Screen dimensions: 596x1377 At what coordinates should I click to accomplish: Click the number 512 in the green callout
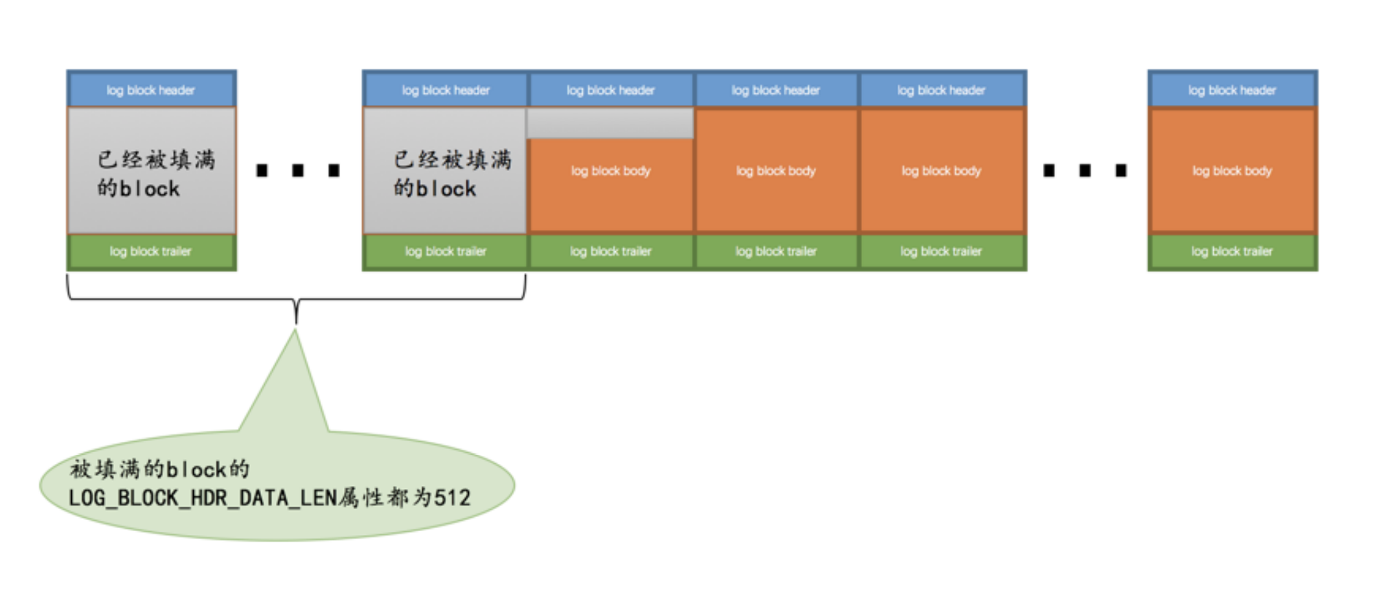(x=452, y=498)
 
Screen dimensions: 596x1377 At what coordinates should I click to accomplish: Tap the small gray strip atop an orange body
(x=610, y=123)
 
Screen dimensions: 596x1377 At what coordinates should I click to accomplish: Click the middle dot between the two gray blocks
(x=298, y=170)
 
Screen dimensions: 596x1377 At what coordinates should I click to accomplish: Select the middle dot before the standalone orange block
(x=1085, y=170)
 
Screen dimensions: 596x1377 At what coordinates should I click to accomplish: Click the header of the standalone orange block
(x=1232, y=90)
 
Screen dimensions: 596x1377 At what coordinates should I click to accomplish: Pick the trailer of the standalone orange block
(x=1232, y=251)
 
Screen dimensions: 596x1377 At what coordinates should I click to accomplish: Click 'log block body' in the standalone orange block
(x=1232, y=171)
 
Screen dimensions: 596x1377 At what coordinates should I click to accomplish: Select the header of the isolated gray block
(x=151, y=90)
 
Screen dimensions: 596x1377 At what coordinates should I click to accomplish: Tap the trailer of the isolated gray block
(x=151, y=251)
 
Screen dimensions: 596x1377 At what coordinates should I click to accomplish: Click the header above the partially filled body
(x=610, y=90)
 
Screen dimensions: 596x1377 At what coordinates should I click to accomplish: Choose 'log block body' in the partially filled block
(x=610, y=171)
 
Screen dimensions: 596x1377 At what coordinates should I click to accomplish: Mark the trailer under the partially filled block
(x=610, y=251)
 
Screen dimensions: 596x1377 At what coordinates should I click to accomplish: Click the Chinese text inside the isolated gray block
(x=155, y=173)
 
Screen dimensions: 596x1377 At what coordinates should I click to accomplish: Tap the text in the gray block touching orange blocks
(x=451, y=173)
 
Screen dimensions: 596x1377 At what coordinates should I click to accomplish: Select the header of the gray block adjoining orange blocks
(x=446, y=90)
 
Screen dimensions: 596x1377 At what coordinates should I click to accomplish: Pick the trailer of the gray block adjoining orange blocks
(x=446, y=251)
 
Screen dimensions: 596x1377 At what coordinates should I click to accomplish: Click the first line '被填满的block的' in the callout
(x=159, y=468)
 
